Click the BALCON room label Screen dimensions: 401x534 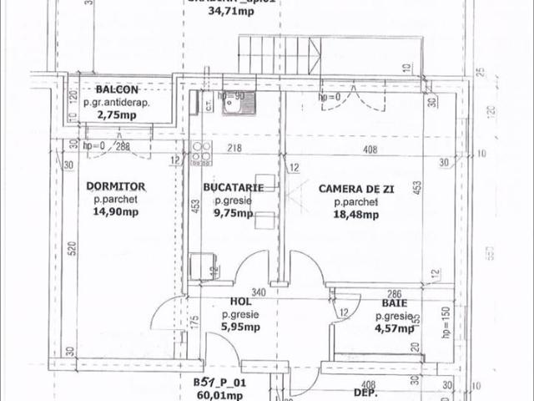[x=118, y=89]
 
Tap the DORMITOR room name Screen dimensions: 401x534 [x=116, y=188]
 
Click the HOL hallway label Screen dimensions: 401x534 [x=240, y=303]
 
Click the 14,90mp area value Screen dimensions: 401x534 [x=116, y=213]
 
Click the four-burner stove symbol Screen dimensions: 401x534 [x=200, y=152]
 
